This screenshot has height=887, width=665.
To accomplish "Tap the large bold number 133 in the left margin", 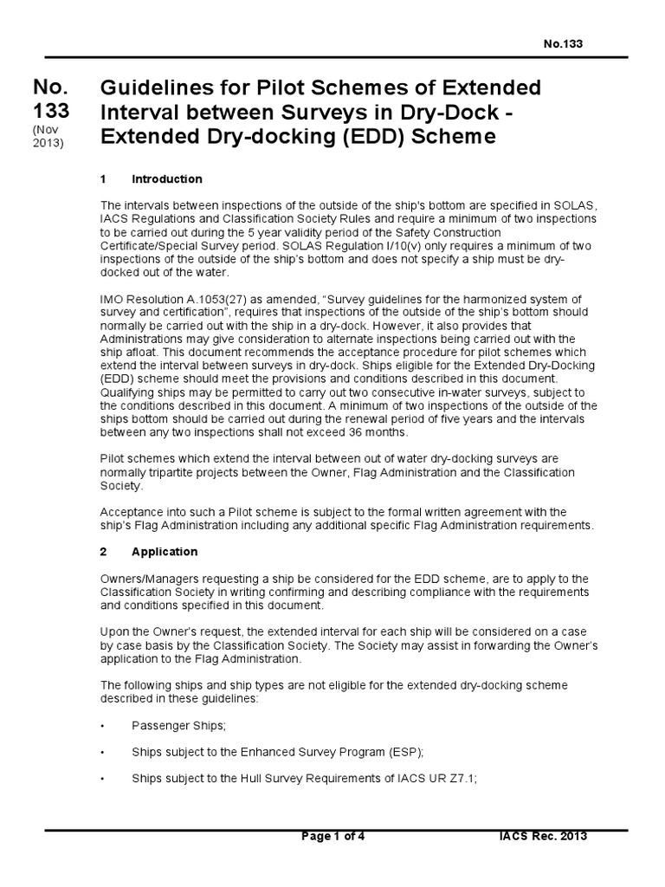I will (51, 112).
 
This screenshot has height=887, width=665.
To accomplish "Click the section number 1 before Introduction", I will (104, 179).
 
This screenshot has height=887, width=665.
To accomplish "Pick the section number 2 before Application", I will (104, 552).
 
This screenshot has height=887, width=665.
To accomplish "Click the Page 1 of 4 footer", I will (333, 837).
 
